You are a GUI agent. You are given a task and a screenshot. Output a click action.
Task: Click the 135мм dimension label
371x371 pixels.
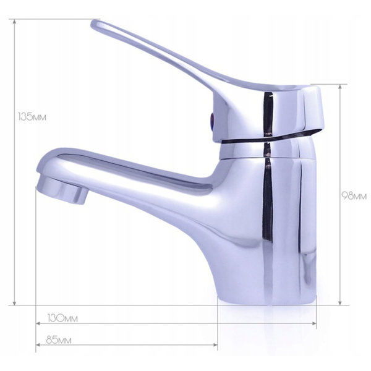click(x=32, y=117)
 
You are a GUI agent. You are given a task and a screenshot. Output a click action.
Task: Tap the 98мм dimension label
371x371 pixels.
click(x=354, y=196)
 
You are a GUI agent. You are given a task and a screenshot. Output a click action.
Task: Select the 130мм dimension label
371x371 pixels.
click(x=62, y=318)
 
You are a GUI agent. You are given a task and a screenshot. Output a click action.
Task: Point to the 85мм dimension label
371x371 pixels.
click(x=59, y=340)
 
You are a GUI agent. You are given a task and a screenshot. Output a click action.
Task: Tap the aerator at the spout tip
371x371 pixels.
click(x=62, y=190)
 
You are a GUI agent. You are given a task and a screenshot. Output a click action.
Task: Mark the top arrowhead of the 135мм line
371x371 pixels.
click(x=15, y=22)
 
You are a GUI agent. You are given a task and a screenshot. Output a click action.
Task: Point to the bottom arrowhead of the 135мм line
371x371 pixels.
click(x=15, y=302)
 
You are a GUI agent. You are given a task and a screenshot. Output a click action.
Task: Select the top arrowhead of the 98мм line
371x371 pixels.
click(x=340, y=87)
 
